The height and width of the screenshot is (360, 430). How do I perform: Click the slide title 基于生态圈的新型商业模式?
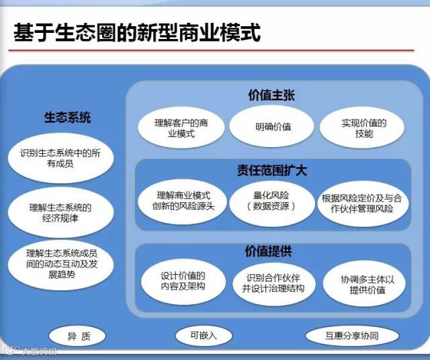(137, 32)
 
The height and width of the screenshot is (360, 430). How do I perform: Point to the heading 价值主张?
(271, 95)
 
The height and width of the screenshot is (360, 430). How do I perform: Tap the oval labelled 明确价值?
(272, 127)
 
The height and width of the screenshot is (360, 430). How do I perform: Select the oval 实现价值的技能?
(363, 128)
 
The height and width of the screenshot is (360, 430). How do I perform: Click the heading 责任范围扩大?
(271, 171)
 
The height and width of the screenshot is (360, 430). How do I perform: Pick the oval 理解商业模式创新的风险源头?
(183, 201)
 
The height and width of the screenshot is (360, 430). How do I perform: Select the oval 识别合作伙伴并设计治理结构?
(272, 282)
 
